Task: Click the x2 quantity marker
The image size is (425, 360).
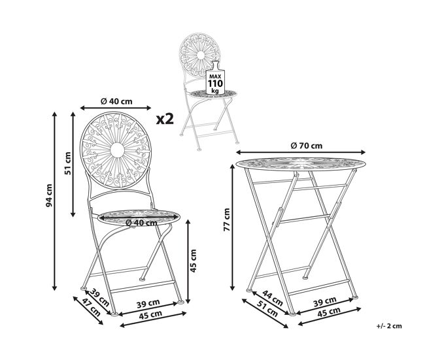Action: pyautogui.click(x=165, y=119)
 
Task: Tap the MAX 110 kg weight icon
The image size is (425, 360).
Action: pyautogui.click(x=215, y=78)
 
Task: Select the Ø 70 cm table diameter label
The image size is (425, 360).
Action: pyautogui.click(x=307, y=146)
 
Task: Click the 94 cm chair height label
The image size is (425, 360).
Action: pyautogui.click(x=49, y=195)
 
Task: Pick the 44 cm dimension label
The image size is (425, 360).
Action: pyautogui.click(x=273, y=298)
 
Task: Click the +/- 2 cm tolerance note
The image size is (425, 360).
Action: pyautogui.click(x=389, y=326)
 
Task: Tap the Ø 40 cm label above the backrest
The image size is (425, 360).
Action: pyautogui.click(x=116, y=101)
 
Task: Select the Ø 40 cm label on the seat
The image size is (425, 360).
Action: pyautogui.click(x=141, y=223)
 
